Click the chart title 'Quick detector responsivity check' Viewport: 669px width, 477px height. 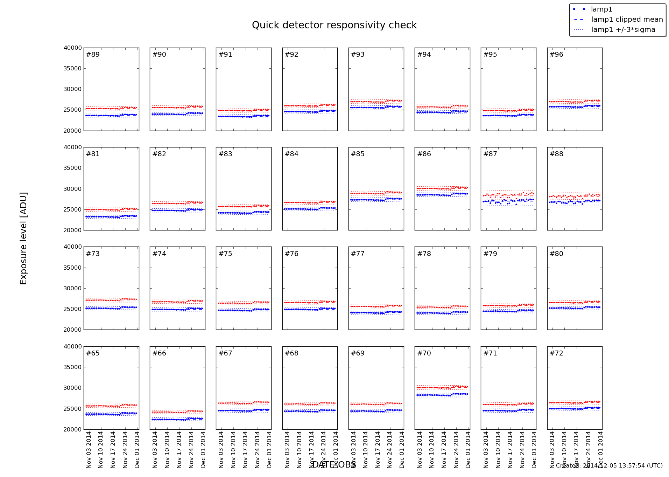[x=334, y=25]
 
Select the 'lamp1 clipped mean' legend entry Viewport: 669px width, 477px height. [x=627, y=20]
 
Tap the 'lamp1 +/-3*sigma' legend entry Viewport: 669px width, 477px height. [x=623, y=30]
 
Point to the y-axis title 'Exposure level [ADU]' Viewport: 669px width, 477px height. [x=23, y=238]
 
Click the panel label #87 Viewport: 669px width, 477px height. [x=490, y=154]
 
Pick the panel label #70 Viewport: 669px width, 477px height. [x=424, y=353]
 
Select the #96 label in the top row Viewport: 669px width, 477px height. [x=556, y=55]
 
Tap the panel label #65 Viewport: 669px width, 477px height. [x=93, y=353]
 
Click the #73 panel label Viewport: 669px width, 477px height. [x=93, y=254]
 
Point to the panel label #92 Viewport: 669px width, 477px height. [x=291, y=55]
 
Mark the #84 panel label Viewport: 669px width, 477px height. [x=291, y=154]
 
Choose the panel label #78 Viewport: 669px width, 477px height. [x=424, y=254]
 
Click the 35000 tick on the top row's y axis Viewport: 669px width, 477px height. [x=72, y=69]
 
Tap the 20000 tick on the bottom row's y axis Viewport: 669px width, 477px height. [x=72, y=430]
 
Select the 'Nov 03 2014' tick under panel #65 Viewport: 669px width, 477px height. [x=89, y=450]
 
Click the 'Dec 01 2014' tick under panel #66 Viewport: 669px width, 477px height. [x=203, y=450]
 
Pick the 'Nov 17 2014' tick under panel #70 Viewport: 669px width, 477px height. [x=444, y=450]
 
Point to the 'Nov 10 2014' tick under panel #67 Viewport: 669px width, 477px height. [x=233, y=450]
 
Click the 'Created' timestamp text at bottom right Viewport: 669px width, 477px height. [x=609, y=466]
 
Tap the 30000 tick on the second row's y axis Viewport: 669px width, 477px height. [x=72, y=189]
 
